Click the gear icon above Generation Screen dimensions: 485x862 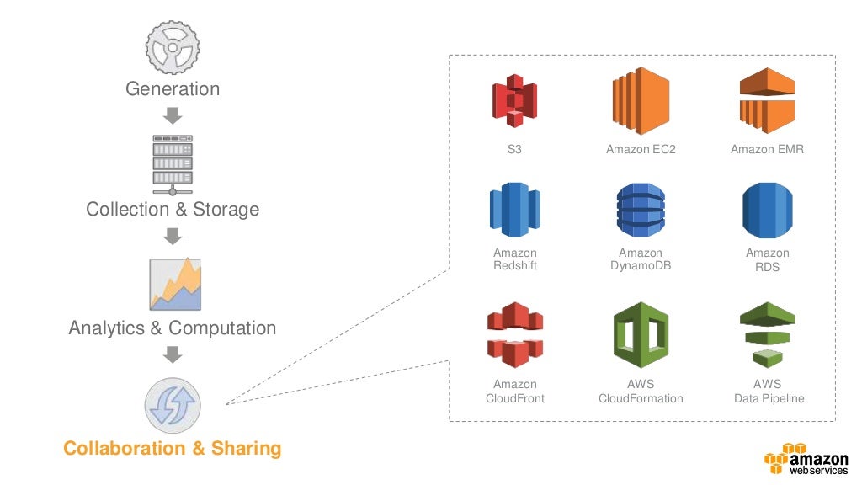(x=173, y=47)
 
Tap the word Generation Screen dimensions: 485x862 (x=173, y=88)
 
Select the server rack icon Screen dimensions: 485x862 (x=173, y=161)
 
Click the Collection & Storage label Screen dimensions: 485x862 (x=173, y=209)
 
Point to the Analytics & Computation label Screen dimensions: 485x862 (x=173, y=328)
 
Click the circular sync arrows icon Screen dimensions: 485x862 (x=173, y=405)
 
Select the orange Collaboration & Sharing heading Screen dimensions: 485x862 (x=173, y=448)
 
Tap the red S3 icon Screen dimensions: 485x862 (x=514, y=100)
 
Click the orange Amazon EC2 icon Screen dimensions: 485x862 (x=641, y=100)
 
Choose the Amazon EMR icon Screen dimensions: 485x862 (x=767, y=100)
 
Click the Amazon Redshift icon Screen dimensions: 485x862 (x=514, y=210)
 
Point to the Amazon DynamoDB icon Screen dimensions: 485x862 (x=641, y=210)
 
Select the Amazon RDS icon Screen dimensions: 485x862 (x=767, y=210)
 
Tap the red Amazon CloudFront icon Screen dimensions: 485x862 (x=514, y=335)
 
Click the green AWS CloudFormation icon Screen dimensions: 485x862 (x=641, y=335)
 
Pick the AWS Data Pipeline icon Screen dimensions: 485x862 (x=767, y=335)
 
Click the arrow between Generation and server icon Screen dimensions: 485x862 (x=173, y=115)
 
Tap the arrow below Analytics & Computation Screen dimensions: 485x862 (x=173, y=354)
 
